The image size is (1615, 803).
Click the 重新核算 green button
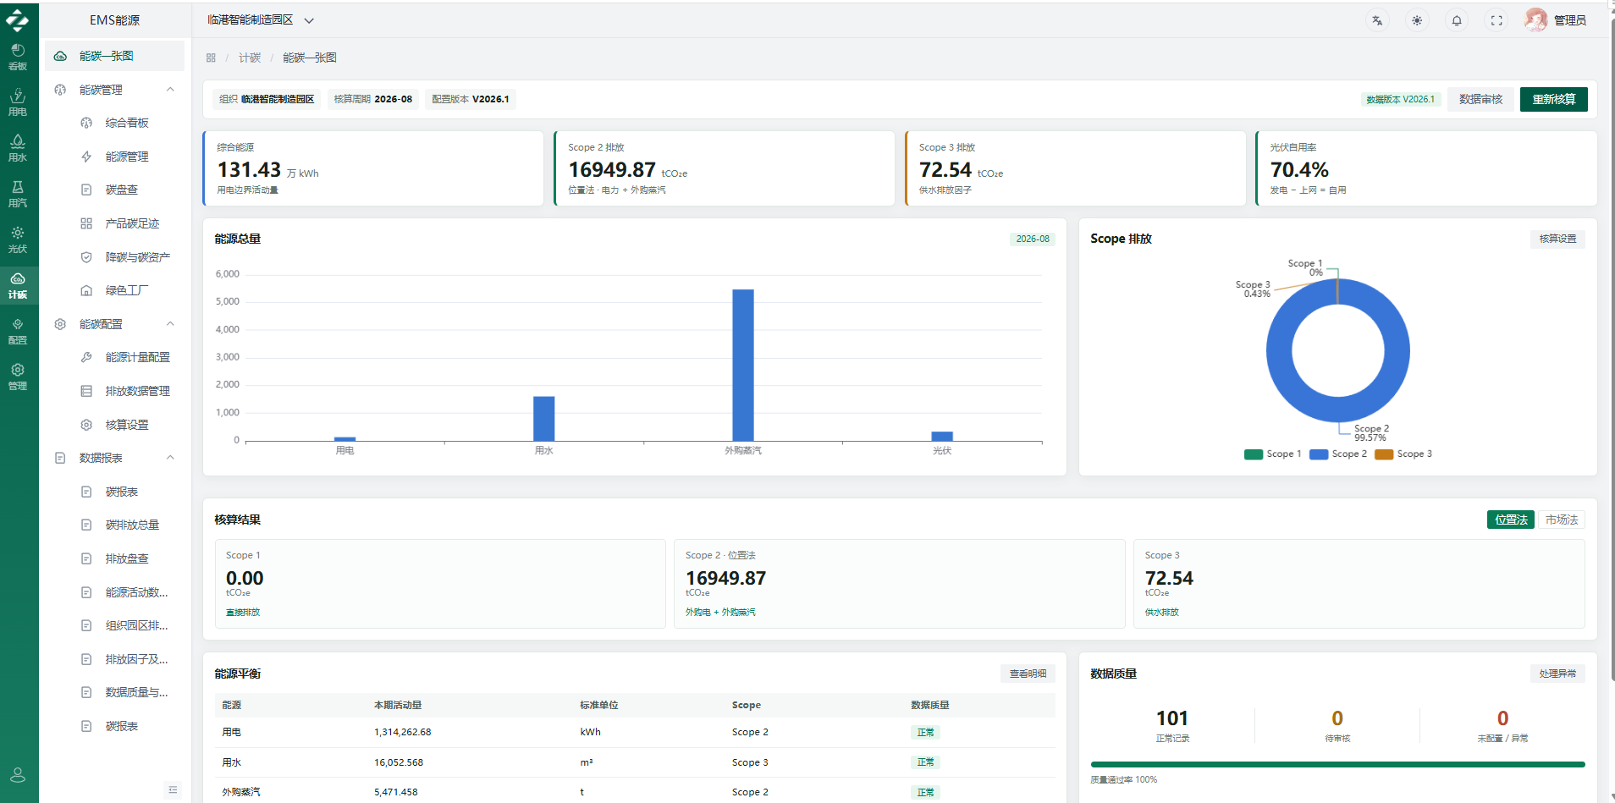pos(1553,99)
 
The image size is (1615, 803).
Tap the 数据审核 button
pos(1480,99)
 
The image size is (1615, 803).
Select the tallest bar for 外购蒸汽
pos(743,365)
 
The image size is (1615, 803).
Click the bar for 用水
pos(544,418)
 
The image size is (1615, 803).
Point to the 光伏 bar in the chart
pos(942,436)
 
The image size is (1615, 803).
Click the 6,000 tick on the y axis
pos(228,274)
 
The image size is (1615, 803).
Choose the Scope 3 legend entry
pos(1403,454)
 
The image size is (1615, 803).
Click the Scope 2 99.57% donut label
pos(1371,433)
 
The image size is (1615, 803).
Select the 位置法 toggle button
pos(1511,520)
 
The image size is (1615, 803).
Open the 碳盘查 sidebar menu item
pos(122,190)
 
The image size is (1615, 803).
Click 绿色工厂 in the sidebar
pos(127,290)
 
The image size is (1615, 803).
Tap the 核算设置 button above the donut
pos(1557,239)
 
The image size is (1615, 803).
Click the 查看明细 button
pos(1028,674)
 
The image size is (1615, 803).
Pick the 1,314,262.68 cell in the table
pos(403,732)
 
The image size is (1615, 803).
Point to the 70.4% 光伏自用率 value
pos(1299,170)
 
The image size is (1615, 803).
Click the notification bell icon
pos(1457,20)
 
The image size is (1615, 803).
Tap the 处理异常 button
pos(1557,674)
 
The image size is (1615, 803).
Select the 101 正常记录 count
pos(1172,718)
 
